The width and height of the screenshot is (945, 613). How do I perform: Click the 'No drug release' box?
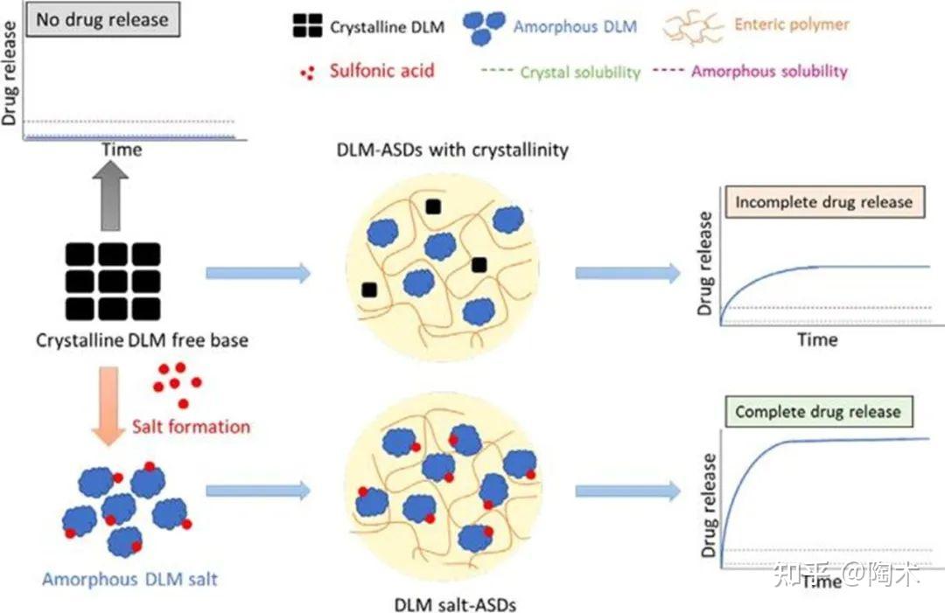coord(103,19)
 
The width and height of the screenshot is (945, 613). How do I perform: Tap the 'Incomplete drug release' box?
coord(824,202)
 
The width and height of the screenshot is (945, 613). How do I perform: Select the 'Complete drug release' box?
coord(818,412)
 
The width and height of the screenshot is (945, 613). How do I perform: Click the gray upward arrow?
coord(110,196)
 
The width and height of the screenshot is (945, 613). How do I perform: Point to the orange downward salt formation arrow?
coord(108,406)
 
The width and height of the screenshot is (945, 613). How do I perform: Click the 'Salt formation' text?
coord(191,427)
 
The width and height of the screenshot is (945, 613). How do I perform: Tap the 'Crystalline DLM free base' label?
coord(143,340)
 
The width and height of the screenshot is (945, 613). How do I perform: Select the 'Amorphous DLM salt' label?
coord(129,579)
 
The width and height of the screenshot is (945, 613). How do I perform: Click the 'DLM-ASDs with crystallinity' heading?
coord(452,150)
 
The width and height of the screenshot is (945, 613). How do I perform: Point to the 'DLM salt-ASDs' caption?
coord(455,604)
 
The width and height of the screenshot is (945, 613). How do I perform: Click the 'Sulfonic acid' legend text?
coord(382,71)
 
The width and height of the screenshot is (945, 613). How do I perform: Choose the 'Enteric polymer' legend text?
coord(791,24)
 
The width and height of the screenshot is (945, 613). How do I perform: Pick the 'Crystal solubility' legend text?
coord(580,73)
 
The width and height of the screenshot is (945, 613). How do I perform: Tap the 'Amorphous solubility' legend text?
coord(769,71)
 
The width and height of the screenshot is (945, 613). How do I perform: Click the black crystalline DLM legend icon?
coord(307,26)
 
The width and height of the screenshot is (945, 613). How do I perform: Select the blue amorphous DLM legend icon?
coord(483,28)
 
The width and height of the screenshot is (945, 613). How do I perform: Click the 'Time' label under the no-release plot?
coord(122,150)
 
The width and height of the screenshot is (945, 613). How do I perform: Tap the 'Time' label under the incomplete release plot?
coord(818,339)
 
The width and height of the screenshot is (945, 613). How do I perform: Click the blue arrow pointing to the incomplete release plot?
coord(628,274)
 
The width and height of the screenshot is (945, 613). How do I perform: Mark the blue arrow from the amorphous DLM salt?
coord(258,491)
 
